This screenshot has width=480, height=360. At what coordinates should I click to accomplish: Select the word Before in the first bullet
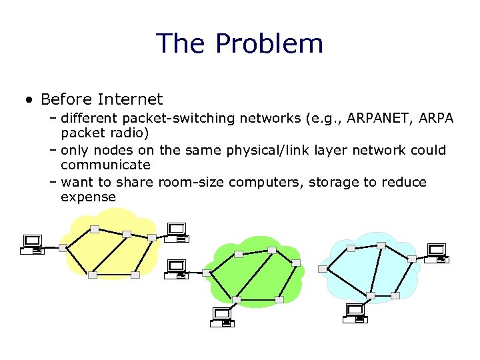65,100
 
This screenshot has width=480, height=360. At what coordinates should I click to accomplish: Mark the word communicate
105,165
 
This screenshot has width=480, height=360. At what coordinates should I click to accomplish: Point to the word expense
88,197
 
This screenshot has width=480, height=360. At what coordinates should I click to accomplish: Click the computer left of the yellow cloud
32,244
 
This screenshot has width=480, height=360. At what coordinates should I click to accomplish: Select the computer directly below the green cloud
222,316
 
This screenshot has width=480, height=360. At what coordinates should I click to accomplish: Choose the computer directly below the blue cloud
356,313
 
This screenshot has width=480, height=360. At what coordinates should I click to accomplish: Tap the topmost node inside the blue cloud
381,245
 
